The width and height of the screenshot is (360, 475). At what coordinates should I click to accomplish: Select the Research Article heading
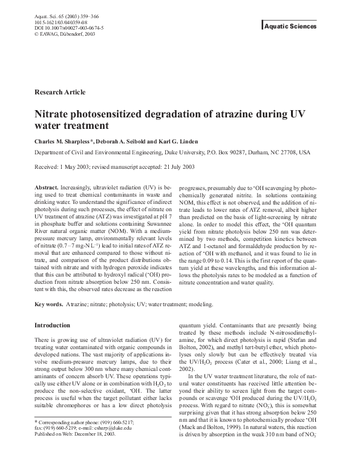pyautogui.click(x=60, y=92)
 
